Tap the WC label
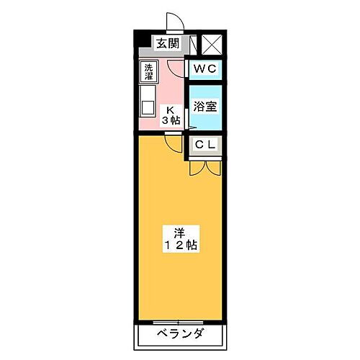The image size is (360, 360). coord(204,68)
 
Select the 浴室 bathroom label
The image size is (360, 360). coord(204,105)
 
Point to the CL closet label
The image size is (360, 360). coord(204,144)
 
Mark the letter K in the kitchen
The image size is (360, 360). coord(171,110)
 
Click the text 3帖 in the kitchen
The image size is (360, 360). coord(171,120)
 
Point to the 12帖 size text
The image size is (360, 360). coord(181,246)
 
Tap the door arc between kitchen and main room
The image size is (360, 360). coord(172,144)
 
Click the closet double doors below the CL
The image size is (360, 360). coord(204,168)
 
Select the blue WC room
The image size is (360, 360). coord(204,69)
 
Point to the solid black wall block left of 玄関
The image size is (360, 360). coord(143,44)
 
